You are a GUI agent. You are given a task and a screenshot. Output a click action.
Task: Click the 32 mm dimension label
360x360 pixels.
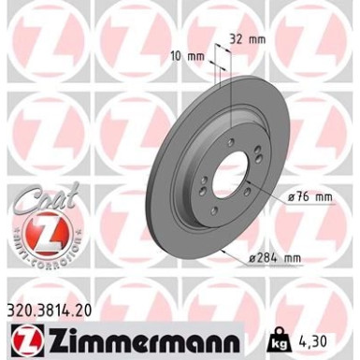245,40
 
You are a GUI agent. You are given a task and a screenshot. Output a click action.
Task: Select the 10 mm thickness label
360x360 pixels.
190,55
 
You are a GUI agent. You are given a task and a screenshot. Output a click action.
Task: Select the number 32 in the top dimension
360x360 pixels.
236,40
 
